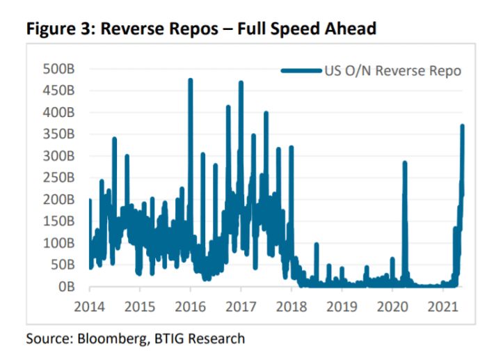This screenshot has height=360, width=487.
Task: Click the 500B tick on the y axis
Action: pos(58,68)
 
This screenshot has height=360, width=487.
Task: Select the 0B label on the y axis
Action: pos(66,286)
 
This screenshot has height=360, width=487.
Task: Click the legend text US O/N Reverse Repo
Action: pos(392,70)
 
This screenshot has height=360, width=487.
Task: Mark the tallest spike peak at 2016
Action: pos(191,80)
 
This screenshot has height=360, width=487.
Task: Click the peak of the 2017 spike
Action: pos(241,83)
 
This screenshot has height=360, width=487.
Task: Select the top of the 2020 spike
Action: pos(404,162)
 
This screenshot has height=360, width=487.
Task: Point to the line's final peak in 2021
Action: pos(463,126)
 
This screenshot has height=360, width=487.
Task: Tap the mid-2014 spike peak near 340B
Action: pos(114,139)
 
